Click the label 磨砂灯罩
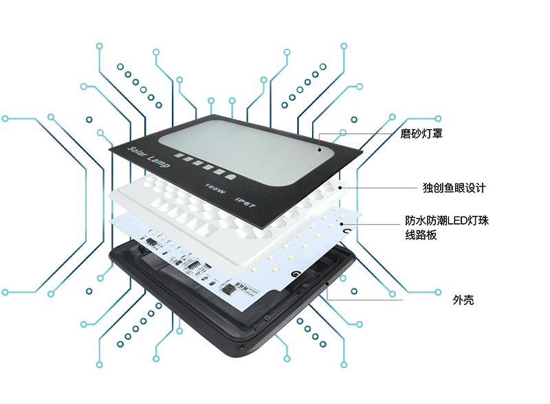point(421,134)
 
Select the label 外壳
point(463,300)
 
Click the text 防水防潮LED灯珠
point(447,221)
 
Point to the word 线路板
point(421,236)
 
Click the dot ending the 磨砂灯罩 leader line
point(320,146)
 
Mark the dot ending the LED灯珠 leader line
point(342,223)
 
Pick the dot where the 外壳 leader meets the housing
point(327,282)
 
